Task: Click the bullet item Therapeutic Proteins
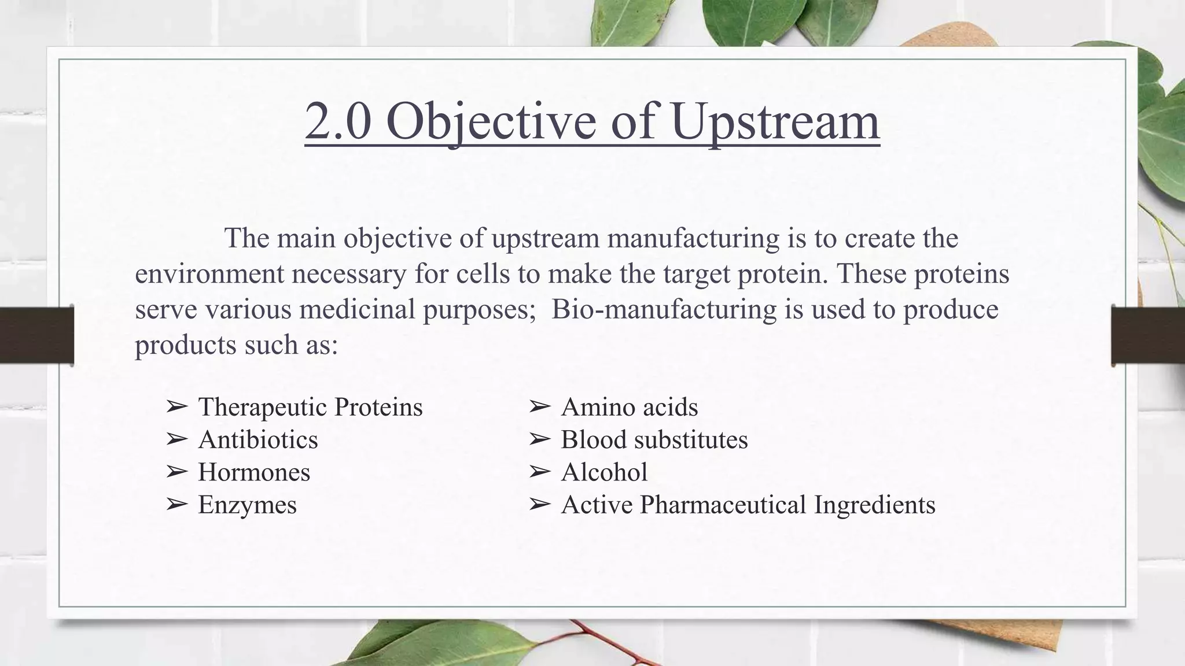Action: coord(310,407)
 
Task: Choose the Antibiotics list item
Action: coord(258,440)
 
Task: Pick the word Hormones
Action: coord(254,472)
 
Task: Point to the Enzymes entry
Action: coord(247,505)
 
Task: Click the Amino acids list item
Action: coord(629,407)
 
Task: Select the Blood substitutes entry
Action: coord(654,440)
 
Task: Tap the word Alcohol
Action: coord(604,472)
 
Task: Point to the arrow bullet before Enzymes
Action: coord(176,505)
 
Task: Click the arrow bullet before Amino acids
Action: coord(539,407)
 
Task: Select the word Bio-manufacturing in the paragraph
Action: coord(664,309)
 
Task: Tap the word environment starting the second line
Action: coord(209,274)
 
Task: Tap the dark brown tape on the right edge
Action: coord(1149,335)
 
